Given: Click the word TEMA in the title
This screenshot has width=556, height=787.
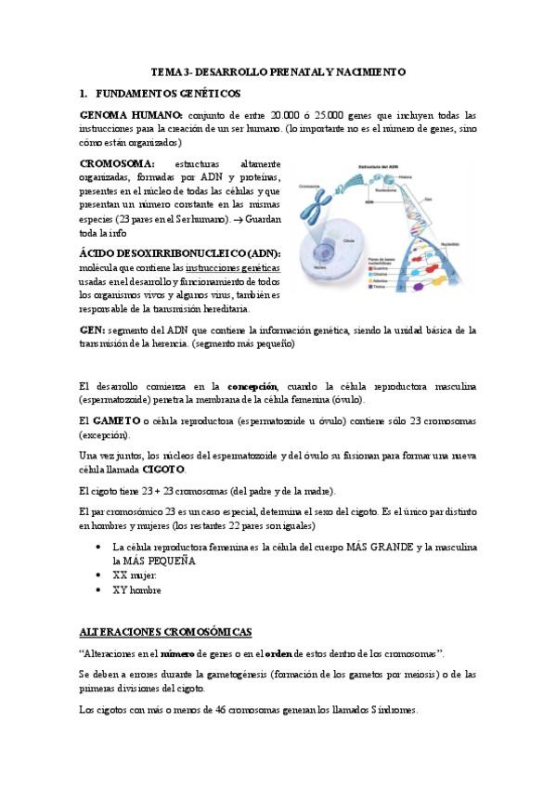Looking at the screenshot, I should pyautogui.click(x=164, y=71).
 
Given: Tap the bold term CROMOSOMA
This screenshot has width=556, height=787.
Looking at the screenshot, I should pyautogui.click(x=118, y=163).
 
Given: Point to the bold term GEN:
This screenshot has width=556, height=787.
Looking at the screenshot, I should pyautogui.click(x=93, y=329).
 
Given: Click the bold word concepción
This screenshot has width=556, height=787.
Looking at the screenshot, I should pyautogui.click(x=252, y=386).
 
